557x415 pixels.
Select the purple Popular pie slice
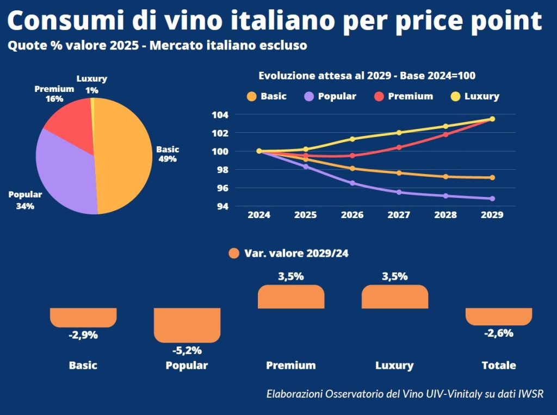[x=65, y=174]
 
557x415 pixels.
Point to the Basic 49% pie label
[x=167, y=154]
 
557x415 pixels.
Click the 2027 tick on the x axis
[x=399, y=214]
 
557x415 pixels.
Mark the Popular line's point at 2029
[x=492, y=199]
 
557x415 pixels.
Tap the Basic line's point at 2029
[x=492, y=177]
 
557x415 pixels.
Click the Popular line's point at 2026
[x=352, y=183]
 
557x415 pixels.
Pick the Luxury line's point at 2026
[x=352, y=139]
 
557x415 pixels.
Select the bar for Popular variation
[x=187, y=325]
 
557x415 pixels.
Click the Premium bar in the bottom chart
[x=291, y=297]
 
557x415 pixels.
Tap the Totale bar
[x=499, y=316]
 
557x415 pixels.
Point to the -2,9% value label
[x=83, y=335]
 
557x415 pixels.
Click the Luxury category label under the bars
[x=394, y=366]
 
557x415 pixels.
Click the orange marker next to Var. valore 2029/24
[x=234, y=253]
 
